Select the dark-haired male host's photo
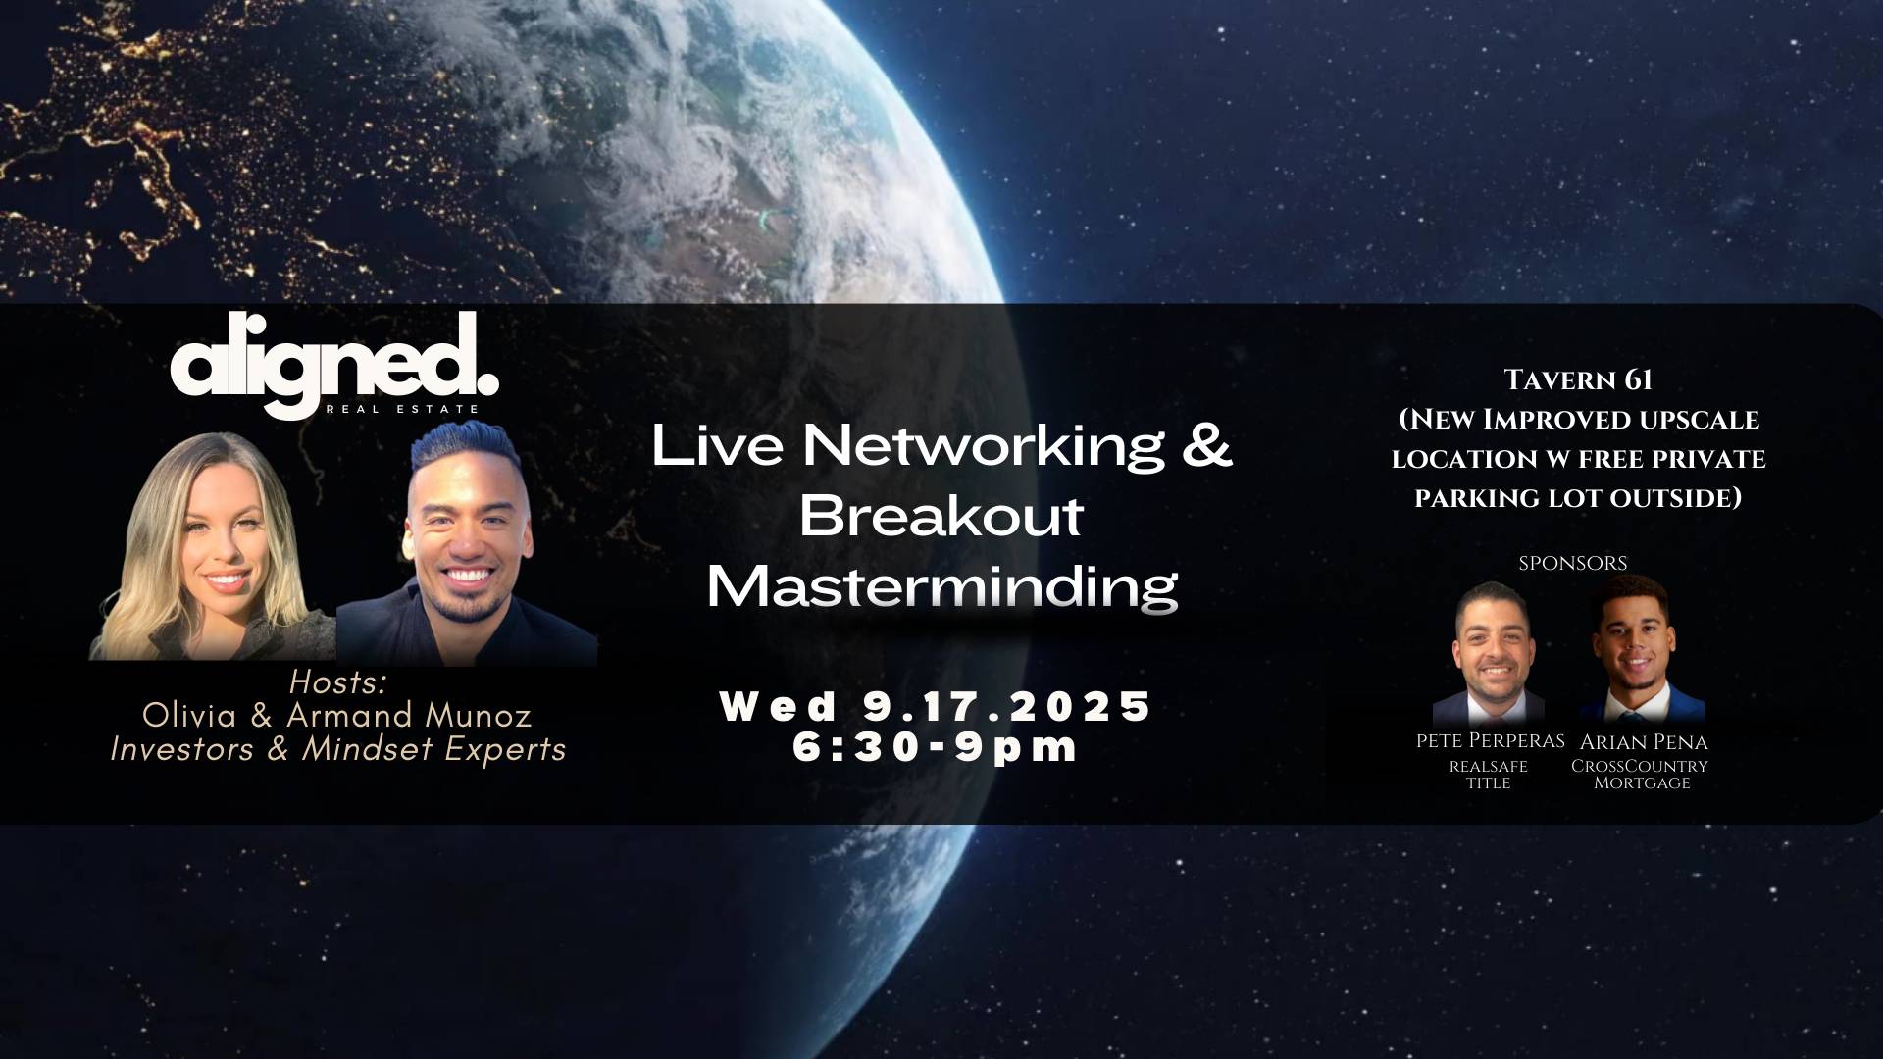[467, 544]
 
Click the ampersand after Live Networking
[1200, 444]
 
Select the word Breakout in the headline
[941, 516]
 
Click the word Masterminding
[941, 587]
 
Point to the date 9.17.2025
[1008, 706]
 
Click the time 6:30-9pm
[936, 747]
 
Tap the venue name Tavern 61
[1578, 379]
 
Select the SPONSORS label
[1573, 563]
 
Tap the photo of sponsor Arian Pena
[1641, 650]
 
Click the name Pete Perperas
[1491, 741]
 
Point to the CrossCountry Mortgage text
[1640, 774]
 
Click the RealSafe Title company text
[1489, 774]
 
